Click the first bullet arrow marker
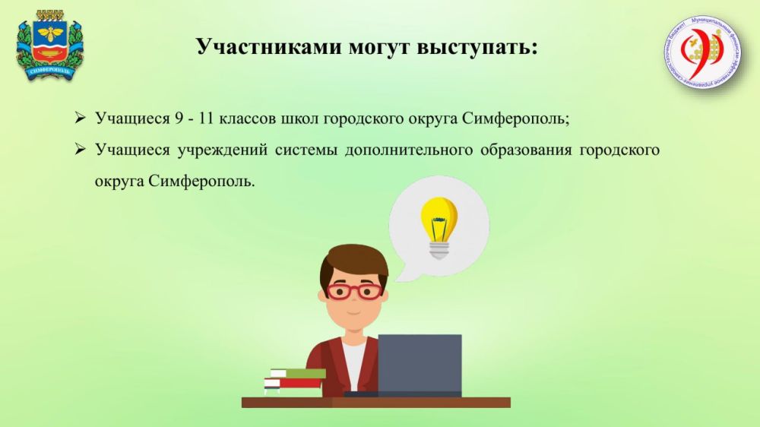click(x=80, y=120)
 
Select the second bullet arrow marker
click(x=80, y=150)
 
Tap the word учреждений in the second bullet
click(x=221, y=150)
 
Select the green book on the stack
click(x=298, y=373)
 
